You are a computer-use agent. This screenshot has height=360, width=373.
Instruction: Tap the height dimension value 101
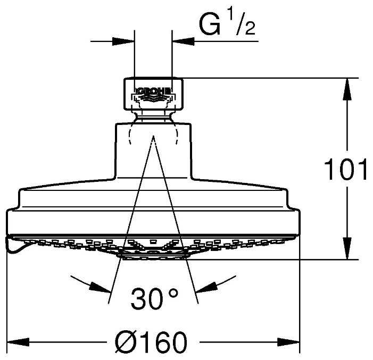[x=346, y=170]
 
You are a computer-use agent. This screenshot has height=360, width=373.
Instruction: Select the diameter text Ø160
[x=152, y=341]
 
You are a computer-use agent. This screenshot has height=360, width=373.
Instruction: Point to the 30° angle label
[x=154, y=299]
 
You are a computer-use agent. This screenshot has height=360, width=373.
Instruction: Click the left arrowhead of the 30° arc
[x=101, y=288]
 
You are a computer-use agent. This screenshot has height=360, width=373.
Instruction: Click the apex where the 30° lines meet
[x=153, y=137]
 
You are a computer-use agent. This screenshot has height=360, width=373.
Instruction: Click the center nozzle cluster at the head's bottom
[x=153, y=253]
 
